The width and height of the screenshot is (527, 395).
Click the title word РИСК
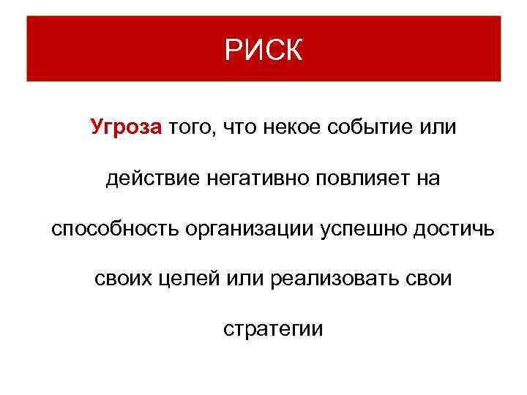coord(263,50)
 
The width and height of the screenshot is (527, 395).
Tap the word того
coord(191,129)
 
